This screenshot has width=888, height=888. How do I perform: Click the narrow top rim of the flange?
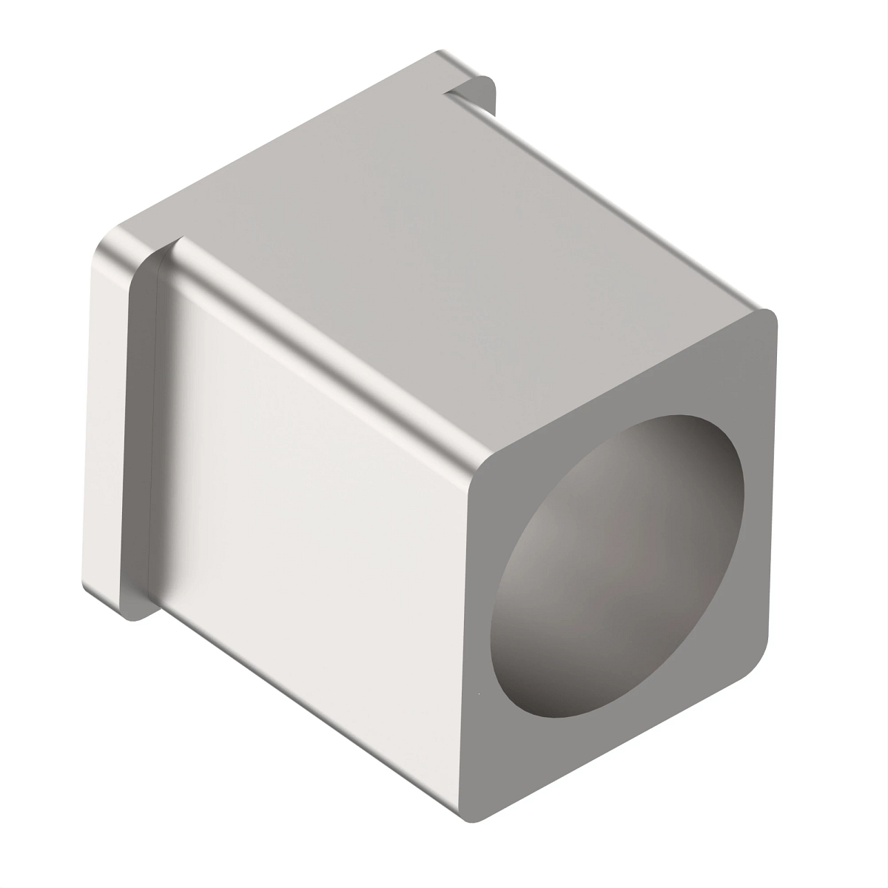coord(281,141)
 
